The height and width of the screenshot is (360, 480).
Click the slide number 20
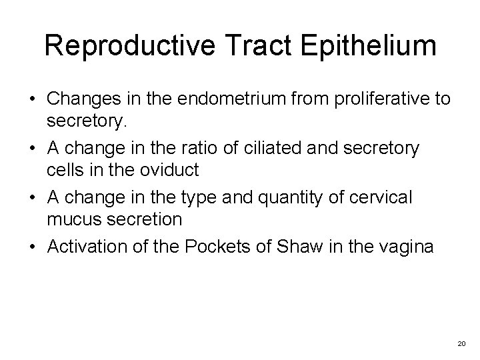click(x=461, y=343)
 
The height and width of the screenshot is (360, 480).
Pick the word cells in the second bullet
click(x=63, y=170)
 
